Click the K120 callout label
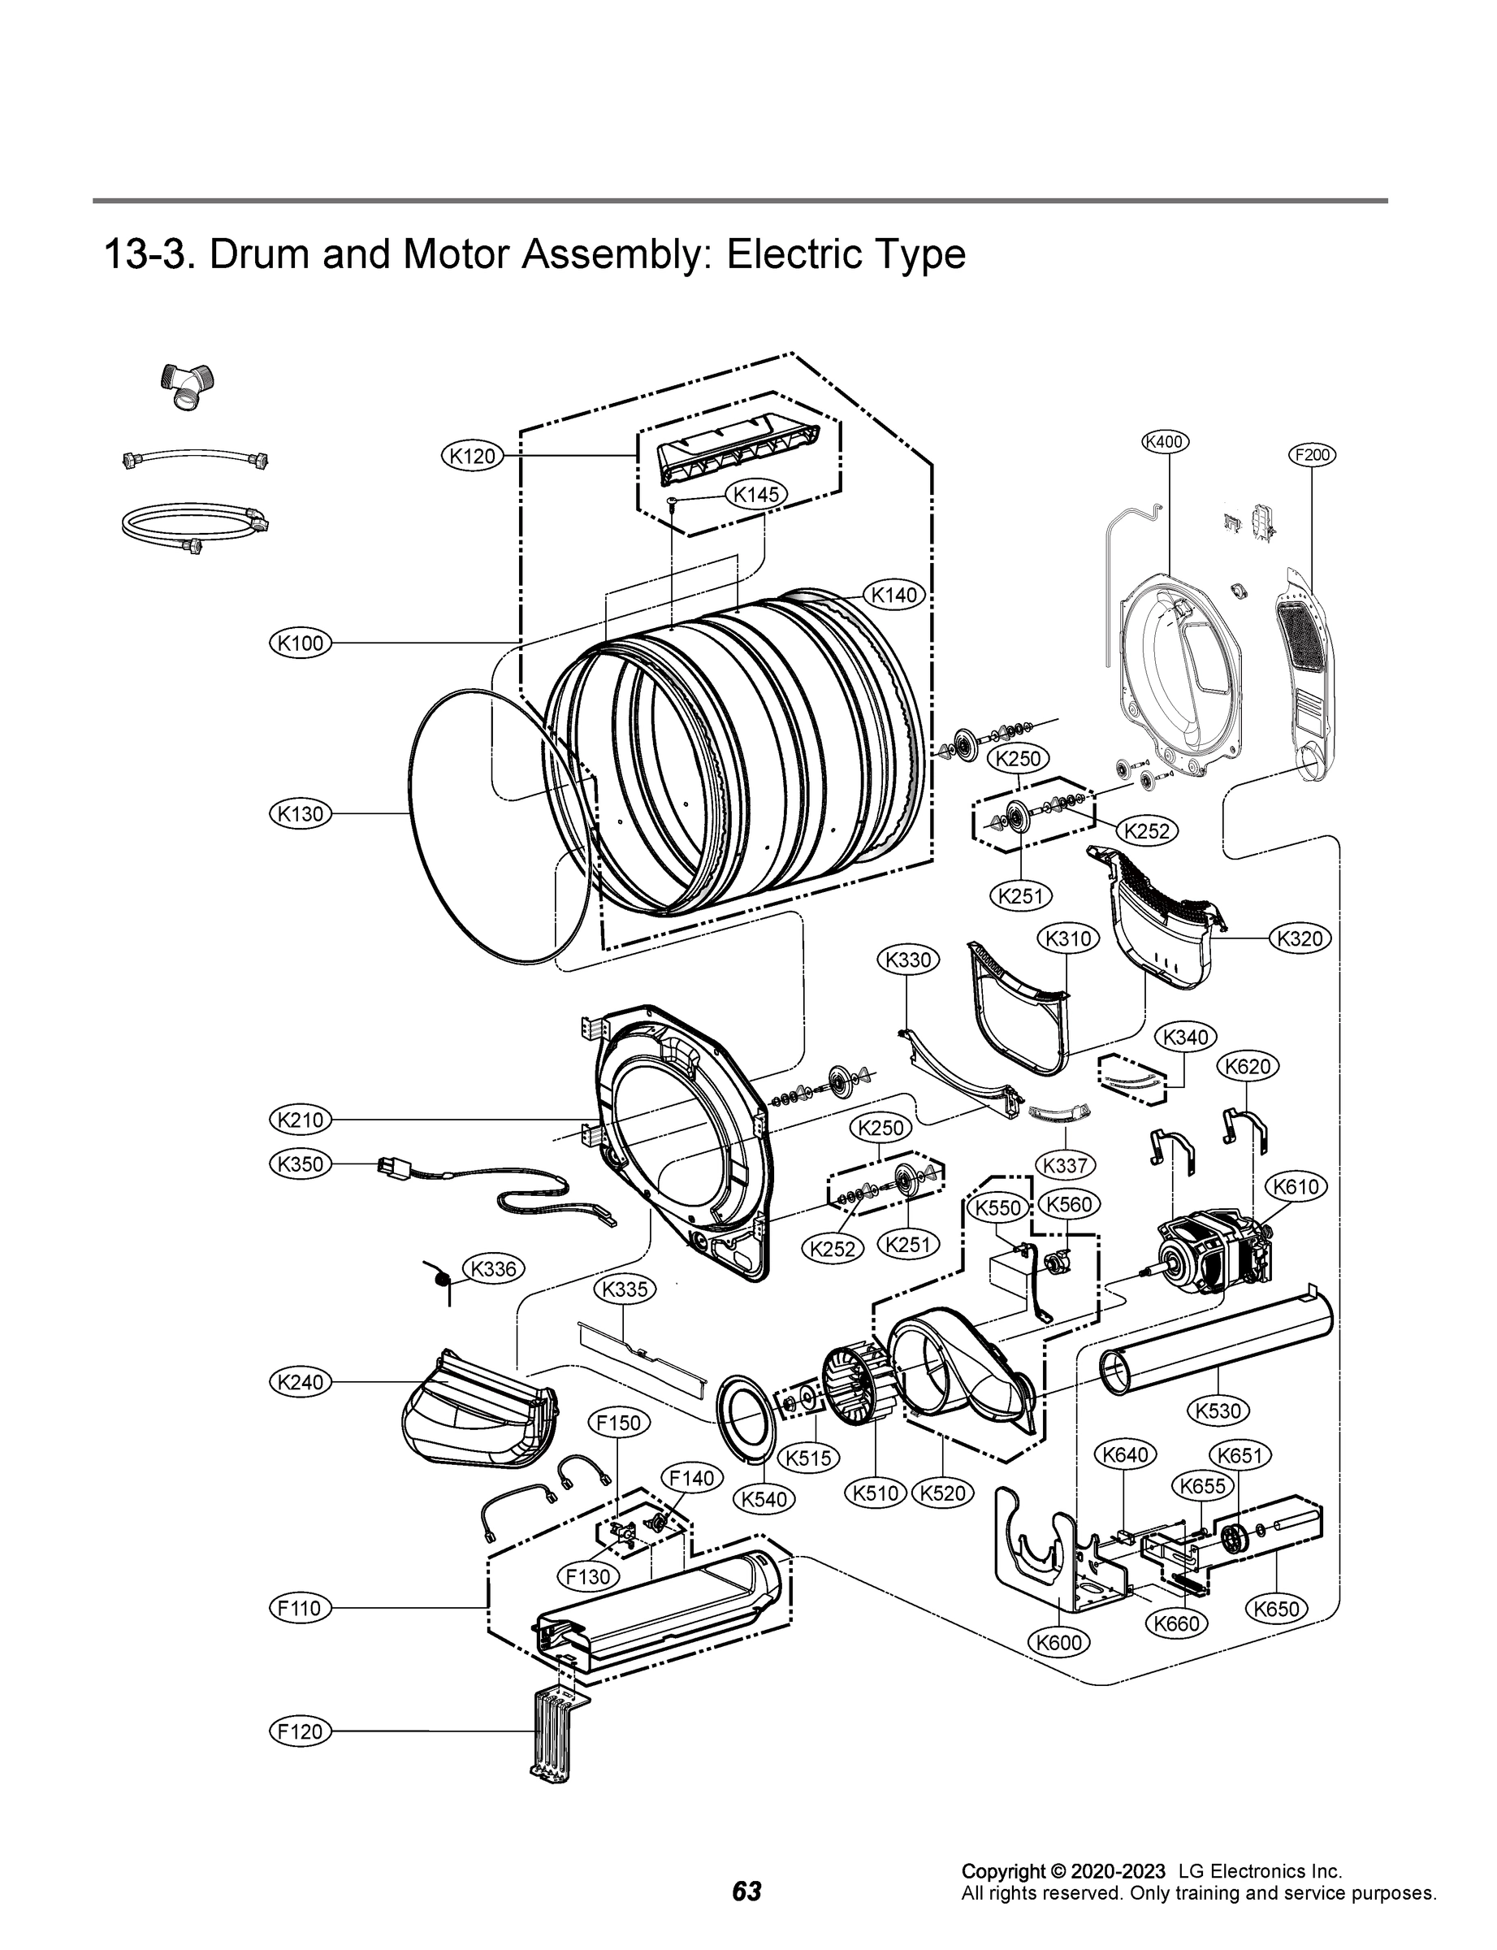click(472, 457)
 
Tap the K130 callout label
click(301, 813)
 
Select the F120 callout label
click(301, 1731)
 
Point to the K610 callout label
click(1296, 1187)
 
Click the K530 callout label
click(1218, 1410)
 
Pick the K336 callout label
click(493, 1269)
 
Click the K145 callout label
click(756, 495)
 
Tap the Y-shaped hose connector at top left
click(187, 385)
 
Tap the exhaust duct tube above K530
click(1216, 1345)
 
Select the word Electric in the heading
click(781, 255)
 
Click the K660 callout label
click(1176, 1624)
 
